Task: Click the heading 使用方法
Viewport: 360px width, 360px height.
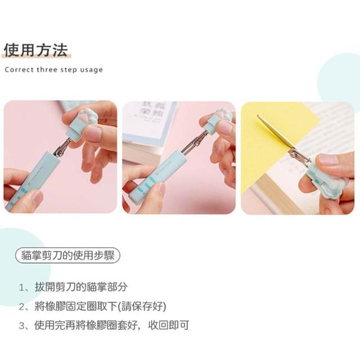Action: point(36,50)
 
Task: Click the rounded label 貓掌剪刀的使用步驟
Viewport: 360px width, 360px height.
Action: point(67,255)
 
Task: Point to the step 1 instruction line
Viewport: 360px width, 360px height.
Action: point(73,287)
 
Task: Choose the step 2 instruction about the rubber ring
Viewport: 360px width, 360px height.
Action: point(92,306)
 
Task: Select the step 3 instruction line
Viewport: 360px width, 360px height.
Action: point(104,325)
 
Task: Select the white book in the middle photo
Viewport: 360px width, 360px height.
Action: point(151,129)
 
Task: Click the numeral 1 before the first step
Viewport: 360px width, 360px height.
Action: point(21,287)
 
